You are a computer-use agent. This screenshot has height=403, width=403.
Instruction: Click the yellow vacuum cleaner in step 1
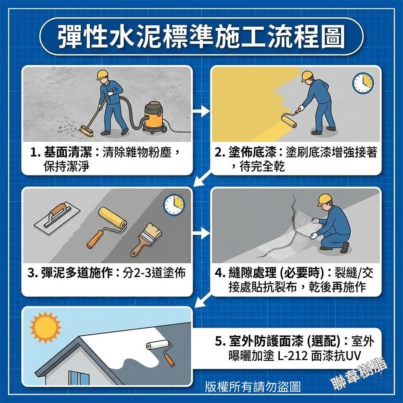[154, 117]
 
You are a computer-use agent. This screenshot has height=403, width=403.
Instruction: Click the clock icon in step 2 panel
[362, 83]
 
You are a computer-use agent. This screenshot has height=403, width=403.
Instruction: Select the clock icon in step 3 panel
[174, 204]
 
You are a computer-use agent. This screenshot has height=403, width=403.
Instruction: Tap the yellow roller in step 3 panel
[107, 227]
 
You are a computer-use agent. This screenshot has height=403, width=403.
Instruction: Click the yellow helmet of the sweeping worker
[103, 74]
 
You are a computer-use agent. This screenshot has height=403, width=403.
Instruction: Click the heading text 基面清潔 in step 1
[68, 153]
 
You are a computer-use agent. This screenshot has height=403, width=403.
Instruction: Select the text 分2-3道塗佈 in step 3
[154, 273]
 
